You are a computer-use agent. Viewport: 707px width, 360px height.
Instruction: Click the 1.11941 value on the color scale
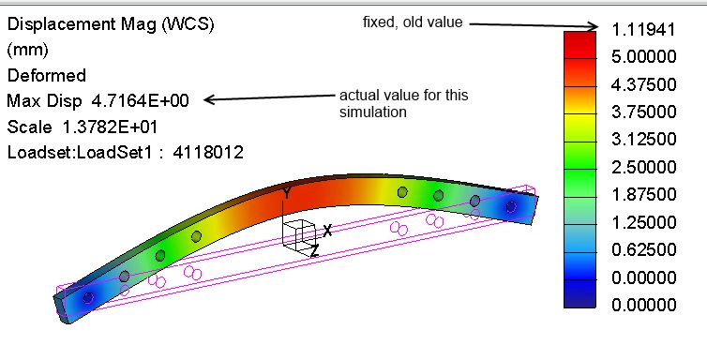pyautogui.click(x=643, y=30)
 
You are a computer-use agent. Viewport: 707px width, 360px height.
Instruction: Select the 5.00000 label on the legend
pyautogui.click(x=643, y=57)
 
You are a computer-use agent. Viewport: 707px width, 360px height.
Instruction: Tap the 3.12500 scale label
pyautogui.click(x=643, y=140)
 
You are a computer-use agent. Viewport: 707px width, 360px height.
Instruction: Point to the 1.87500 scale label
pyautogui.click(x=643, y=195)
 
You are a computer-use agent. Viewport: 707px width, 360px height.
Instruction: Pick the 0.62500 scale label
pyautogui.click(x=643, y=249)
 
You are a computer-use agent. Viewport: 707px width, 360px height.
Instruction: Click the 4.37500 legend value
pyautogui.click(x=643, y=84)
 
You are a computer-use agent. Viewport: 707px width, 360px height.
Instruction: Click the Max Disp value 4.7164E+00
pyautogui.click(x=140, y=101)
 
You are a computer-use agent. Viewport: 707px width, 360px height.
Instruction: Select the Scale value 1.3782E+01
pyautogui.click(x=110, y=127)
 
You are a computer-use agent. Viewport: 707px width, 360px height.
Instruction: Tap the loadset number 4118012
pyautogui.click(x=208, y=152)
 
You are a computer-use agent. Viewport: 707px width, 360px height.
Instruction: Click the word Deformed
pyautogui.click(x=47, y=75)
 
